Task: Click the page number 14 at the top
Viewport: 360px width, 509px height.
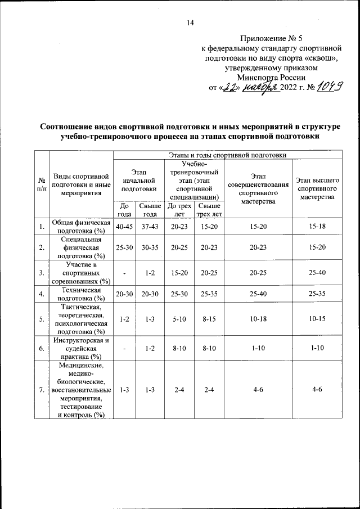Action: tap(190, 23)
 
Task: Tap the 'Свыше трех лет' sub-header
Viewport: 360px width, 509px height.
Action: tap(208, 210)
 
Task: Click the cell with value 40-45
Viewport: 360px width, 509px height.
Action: tap(124, 227)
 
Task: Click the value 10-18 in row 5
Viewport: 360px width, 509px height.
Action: tap(258, 318)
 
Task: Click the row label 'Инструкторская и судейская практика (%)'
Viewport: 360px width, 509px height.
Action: tap(80, 348)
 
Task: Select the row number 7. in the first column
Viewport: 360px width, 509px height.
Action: tap(41, 390)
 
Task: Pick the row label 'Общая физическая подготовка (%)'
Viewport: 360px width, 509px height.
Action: tap(80, 227)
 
